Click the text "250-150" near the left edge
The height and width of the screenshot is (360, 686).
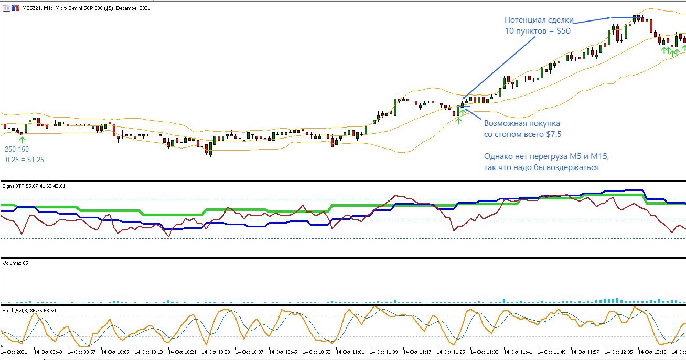[x=17, y=150]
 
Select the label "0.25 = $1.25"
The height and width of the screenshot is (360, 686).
[x=25, y=160]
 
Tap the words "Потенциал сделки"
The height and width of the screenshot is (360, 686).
[x=539, y=20]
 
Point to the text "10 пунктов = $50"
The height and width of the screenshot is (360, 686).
[x=538, y=31]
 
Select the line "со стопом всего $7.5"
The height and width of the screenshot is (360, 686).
[x=522, y=134]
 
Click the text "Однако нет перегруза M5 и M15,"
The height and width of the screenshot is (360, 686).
[x=545, y=157]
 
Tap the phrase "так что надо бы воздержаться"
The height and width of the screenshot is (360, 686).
[x=541, y=168]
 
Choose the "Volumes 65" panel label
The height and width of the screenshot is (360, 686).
[x=16, y=263]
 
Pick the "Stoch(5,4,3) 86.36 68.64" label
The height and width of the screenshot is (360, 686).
[x=30, y=311]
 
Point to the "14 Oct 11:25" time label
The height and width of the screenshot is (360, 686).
[x=453, y=352]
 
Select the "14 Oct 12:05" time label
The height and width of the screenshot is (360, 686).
[x=620, y=352]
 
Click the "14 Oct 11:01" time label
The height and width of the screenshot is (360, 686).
[x=352, y=352]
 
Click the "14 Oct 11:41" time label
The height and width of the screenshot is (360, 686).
[x=520, y=352]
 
